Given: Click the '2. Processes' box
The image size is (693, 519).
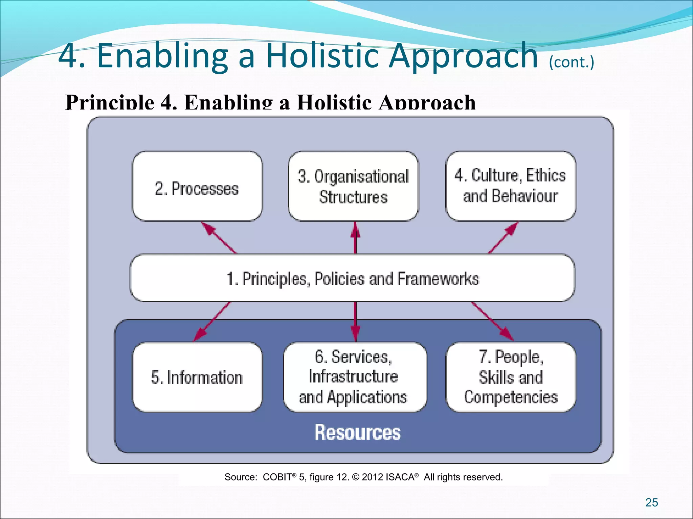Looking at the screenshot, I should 197,187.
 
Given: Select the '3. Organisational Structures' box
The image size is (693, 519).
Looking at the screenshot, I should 353,187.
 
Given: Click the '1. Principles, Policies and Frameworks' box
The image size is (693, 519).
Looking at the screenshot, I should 352,278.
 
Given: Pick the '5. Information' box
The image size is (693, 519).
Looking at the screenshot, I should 197,377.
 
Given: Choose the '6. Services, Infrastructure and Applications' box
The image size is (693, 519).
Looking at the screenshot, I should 354,377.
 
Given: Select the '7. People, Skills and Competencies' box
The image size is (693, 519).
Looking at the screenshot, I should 510,377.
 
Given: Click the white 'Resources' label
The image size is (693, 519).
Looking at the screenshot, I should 357,432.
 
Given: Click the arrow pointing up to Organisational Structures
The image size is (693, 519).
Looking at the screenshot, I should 355,238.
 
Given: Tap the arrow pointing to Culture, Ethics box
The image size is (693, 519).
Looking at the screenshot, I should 504,238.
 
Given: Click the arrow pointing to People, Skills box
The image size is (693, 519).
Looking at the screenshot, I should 492,321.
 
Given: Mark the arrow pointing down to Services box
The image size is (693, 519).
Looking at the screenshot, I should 355,321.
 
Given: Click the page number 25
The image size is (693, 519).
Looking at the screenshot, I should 651,502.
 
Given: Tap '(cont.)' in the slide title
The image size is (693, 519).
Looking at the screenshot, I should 571,63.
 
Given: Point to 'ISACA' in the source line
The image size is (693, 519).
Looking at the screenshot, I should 400,477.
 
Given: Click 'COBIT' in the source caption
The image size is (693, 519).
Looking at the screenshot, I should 277,477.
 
